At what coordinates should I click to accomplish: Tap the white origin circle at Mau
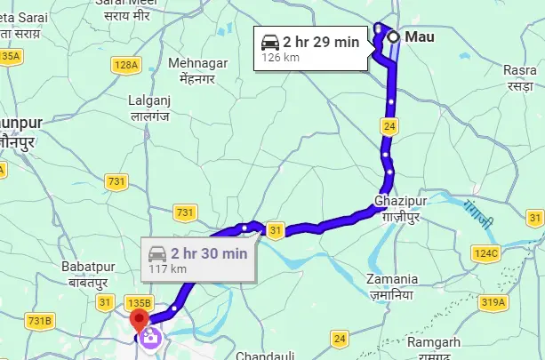click(x=392, y=37)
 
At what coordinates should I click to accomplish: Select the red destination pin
click(x=139, y=321)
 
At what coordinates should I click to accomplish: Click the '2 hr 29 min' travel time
click(x=321, y=41)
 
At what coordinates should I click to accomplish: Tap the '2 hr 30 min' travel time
click(x=209, y=252)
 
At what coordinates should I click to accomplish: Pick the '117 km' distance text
click(x=167, y=268)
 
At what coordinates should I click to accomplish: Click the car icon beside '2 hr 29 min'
click(x=269, y=41)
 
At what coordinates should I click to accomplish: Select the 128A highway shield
click(x=126, y=65)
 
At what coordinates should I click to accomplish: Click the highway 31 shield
click(x=276, y=231)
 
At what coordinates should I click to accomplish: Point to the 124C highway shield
click(x=485, y=254)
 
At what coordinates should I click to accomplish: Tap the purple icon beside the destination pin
click(x=150, y=337)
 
